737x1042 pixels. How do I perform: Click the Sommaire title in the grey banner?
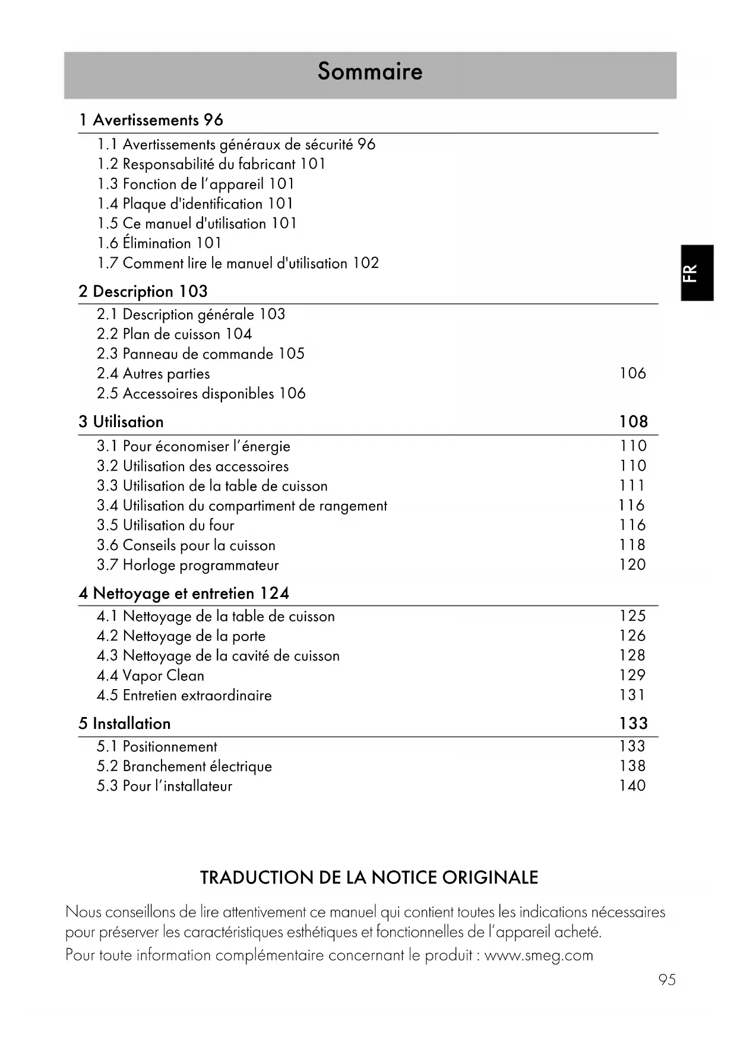tap(369, 71)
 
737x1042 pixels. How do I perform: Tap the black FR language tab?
tap(697, 273)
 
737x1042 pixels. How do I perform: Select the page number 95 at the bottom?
tap(667, 980)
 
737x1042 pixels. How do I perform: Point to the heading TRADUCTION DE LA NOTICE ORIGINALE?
tap(369, 877)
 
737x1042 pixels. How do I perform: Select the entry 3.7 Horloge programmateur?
tap(188, 565)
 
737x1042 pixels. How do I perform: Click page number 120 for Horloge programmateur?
tap(632, 564)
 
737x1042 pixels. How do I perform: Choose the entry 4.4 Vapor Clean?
tap(150, 675)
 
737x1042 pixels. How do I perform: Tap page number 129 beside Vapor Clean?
tap(632, 675)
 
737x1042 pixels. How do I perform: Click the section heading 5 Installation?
tap(125, 723)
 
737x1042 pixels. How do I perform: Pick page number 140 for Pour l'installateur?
tap(632, 785)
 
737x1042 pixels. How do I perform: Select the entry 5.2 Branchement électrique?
tap(184, 766)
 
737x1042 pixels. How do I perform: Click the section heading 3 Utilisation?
tap(121, 422)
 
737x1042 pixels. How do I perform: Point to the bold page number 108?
tap(633, 421)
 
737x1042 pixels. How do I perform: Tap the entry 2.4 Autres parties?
tap(153, 374)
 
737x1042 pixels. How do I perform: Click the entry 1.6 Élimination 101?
tap(159, 243)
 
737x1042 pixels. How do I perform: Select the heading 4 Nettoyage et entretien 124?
tap(184, 593)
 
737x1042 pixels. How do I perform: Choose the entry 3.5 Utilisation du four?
tap(166, 525)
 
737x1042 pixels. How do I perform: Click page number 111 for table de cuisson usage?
tap(632, 485)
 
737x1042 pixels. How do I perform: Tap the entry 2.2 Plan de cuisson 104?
tap(174, 334)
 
